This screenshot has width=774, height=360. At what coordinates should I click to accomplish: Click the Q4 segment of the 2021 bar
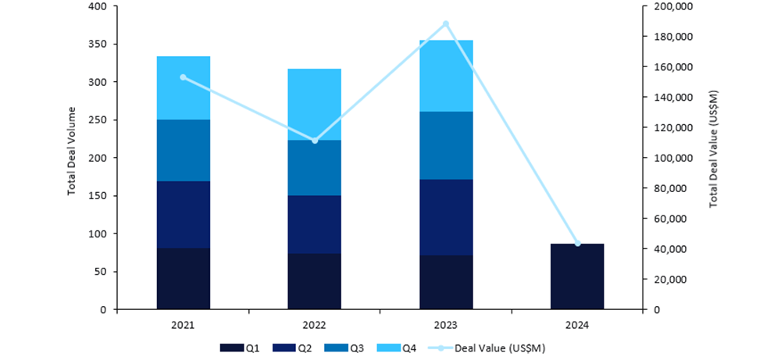184,87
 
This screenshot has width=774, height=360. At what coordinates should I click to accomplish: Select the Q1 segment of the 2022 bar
315,281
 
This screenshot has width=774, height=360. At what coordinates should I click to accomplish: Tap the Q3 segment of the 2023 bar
446,145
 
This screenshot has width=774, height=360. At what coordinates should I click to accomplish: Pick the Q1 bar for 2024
577,276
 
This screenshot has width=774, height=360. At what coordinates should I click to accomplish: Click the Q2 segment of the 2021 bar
184,215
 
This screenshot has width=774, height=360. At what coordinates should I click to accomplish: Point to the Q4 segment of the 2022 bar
315,105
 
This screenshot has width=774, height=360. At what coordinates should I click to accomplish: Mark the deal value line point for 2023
446,23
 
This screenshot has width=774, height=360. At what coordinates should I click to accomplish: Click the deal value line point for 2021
184,77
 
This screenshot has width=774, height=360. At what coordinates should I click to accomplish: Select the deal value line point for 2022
315,141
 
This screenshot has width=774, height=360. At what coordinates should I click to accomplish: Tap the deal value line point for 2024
577,244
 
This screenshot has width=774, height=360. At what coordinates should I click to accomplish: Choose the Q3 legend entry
344,348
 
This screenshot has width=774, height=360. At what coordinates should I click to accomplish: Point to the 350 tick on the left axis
99,44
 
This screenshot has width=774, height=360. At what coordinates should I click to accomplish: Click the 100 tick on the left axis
99,233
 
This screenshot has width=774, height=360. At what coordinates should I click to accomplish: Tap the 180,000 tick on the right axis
667,37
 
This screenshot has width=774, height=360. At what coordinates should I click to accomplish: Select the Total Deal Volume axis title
72,151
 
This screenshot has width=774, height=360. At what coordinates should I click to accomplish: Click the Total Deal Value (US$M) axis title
713,149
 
